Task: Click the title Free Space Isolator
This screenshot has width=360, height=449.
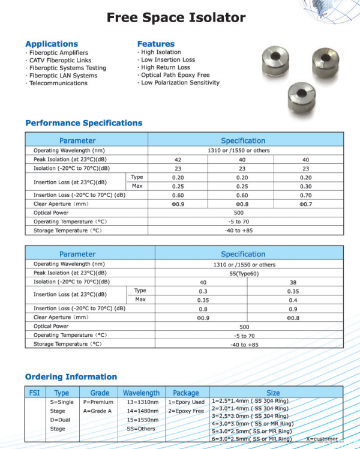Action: [x=176, y=17]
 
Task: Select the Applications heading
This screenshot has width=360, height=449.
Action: [x=52, y=44]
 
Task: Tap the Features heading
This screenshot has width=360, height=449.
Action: [x=155, y=44]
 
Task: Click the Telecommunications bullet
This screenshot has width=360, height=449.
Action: [x=58, y=83]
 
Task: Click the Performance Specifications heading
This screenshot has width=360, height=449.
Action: [x=84, y=123]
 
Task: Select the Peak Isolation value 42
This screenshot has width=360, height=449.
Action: [x=178, y=160]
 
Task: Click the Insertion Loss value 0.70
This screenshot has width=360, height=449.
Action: [x=305, y=195]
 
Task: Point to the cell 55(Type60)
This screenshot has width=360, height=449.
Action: [x=244, y=273]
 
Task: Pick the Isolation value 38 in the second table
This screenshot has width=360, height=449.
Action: [x=293, y=282]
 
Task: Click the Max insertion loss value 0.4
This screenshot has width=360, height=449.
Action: [x=293, y=300]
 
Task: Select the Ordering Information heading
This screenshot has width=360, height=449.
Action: [x=71, y=377]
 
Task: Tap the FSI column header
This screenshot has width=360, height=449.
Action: [x=35, y=393]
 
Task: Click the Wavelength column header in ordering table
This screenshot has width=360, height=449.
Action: [x=141, y=393]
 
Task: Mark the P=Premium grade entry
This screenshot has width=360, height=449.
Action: [x=98, y=402]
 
